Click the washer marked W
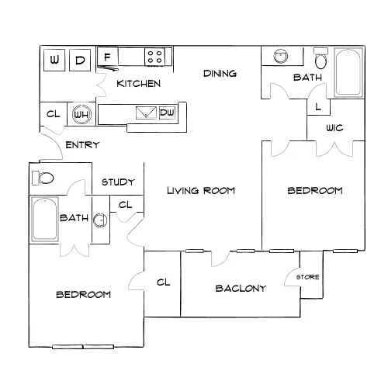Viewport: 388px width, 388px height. coord(54,60)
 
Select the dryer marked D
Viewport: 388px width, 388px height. coord(80,60)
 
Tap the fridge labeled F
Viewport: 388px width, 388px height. coord(108,57)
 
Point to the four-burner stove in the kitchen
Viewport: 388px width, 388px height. coord(154,57)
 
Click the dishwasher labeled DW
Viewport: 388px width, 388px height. coord(167,113)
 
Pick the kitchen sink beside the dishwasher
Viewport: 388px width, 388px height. coord(146,113)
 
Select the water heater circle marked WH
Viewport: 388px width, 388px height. coord(81,114)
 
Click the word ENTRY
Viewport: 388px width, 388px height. coord(82,145)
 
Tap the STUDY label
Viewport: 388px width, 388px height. coord(118,182)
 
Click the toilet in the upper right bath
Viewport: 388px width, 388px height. coord(321,58)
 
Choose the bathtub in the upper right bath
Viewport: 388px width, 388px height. coord(348,72)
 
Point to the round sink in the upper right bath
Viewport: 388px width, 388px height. coord(281,56)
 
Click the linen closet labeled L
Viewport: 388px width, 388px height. coord(318,107)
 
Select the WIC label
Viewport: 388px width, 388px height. coord(334,128)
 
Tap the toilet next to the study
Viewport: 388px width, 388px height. coord(43,178)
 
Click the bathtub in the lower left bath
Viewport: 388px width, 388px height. coord(45,220)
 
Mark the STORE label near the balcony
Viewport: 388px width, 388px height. coord(307,277)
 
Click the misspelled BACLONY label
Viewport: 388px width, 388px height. coord(241,289)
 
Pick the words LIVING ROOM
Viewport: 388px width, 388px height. coord(201,191)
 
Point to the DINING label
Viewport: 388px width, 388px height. coord(220,74)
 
